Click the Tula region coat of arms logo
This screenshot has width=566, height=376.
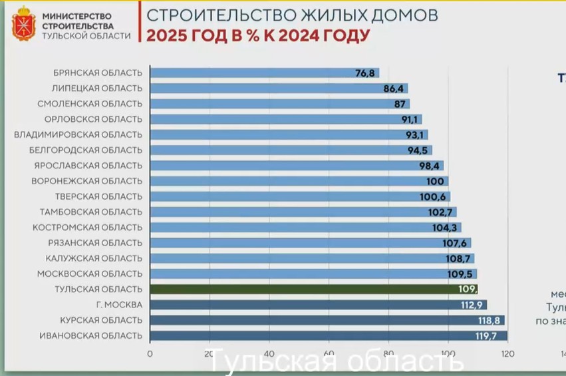point(23,24)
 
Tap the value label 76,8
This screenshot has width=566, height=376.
point(366,73)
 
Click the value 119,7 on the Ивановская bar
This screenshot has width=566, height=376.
point(486,336)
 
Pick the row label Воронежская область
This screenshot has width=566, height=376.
point(87,181)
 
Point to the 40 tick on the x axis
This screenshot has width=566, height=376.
point(270,353)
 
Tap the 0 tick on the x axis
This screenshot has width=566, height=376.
point(150,353)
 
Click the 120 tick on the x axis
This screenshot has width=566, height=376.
point(508,353)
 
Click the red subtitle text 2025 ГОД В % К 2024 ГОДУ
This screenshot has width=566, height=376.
point(257,35)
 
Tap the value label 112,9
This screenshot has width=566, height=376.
point(471,305)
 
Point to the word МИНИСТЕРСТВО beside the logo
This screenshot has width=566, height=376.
point(76,15)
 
